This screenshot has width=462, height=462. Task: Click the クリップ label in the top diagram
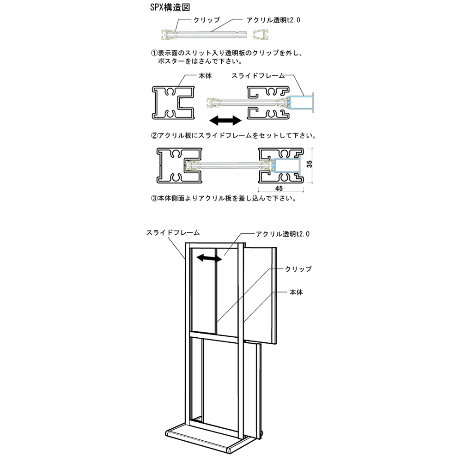(x=207, y=20)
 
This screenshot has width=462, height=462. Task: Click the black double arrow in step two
(x=225, y=121)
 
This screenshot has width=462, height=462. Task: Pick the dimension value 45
(x=279, y=188)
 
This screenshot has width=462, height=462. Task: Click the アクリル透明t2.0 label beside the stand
(x=282, y=234)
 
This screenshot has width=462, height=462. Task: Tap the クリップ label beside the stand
(x=298, y=269)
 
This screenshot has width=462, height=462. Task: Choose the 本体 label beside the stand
(x=296, y=292)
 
